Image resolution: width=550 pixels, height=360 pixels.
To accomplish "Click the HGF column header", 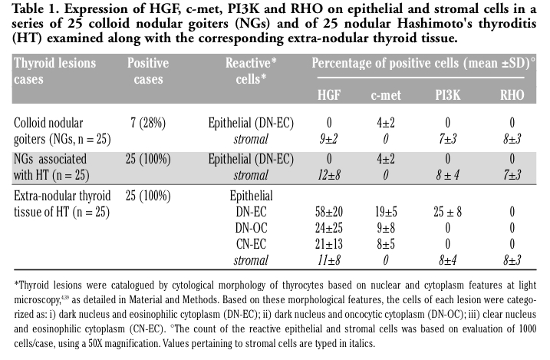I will (x=329, y=95).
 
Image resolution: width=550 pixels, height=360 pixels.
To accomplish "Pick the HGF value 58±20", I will (x=329, y=210).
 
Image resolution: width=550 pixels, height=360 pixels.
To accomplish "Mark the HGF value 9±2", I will (x=329, y=138).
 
